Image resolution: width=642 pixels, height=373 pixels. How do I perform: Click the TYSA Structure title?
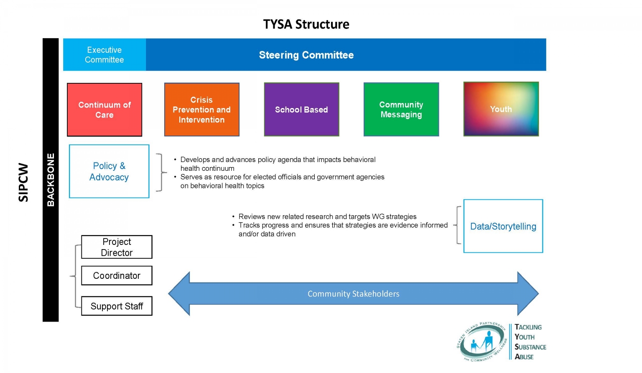coord(306,24)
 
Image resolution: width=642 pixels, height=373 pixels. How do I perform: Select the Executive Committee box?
coord(104,55)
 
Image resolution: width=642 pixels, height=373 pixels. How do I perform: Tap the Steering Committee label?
coord(306,55)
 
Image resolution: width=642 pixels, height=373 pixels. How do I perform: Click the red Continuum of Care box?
coord(104,110)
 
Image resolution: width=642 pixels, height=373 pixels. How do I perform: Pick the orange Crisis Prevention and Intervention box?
coord(201,110)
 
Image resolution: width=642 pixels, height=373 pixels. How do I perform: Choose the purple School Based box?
coord(301,110)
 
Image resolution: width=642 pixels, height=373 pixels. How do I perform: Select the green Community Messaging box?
coord(401,110)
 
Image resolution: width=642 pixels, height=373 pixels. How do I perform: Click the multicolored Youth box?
coord(501,109)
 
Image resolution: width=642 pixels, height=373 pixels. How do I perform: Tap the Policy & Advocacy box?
coord(109,171)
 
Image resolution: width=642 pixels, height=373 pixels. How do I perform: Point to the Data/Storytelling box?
coord(503,226)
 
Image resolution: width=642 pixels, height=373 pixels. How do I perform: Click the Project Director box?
coord(117,247)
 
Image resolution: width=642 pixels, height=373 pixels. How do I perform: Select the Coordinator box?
coord(117,275)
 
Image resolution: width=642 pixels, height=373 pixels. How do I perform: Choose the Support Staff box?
coord(117,306)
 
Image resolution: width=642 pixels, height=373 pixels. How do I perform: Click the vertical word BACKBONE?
coord(51,180)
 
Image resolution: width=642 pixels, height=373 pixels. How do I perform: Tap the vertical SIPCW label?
coord(23,182)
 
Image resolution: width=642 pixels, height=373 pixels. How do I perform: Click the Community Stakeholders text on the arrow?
coord(353,294)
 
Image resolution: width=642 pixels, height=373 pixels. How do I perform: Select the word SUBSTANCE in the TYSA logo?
coord(530,347)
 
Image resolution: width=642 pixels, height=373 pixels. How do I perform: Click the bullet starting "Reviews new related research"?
coord(327,216)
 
